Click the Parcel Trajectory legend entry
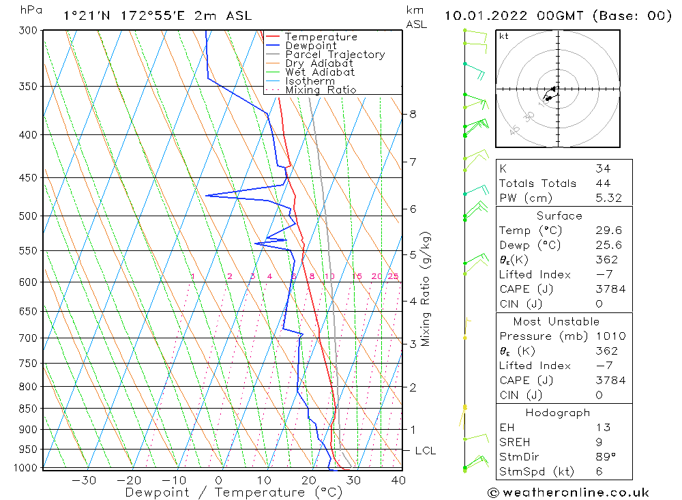pyautogui.click(x=335, y=55)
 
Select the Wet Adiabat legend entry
pyautogui.click(x=320, y=72)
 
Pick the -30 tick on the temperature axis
pyautogui.click(x=84, y=480)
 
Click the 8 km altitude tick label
pyautogui.click(x=413, y=114)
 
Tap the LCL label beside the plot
pyautogui.click(x=425, y=451)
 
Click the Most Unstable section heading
pyautogui.click(x=557, y=321)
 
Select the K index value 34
pyautogui.click(x=603, y=168)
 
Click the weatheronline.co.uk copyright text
pyautogui.click(x=568, y=492)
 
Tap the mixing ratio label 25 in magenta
pyautogui.click(x=393, y=276)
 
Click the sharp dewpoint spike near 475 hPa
pyautogui.click(x=207, y=196)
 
